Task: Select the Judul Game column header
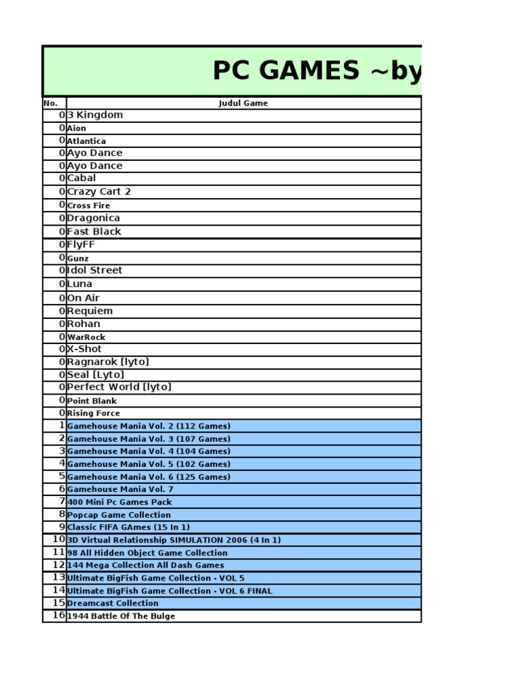[x=243, y=103]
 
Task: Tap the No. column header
[x=51, y=103]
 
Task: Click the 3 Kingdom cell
[x=95, y=115]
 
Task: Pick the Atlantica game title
[x=86, y=141]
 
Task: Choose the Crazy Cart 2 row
[x=99, y=192]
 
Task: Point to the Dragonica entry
[x=94, y=218]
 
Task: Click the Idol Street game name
[x=95, y=270]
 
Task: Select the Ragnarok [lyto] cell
[x=108, y=362]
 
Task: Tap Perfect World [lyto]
[x=120, y=387]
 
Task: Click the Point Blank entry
[x=92, y=401]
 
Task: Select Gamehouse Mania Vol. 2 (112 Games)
[x=149, y=426]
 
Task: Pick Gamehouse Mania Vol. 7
[x=120, y=489]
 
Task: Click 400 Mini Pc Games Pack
[x=120, y=502]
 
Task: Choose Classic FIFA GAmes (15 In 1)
[x=128, y=527]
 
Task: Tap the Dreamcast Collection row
[x=113, y=603]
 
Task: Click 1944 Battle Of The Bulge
[x=121, y=616]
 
